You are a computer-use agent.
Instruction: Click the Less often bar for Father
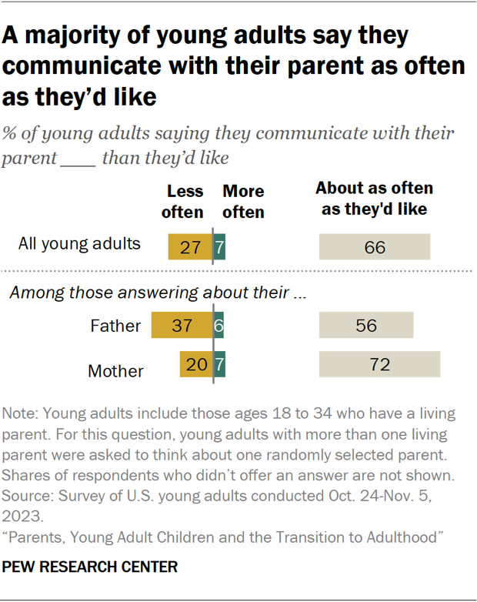(182, 326)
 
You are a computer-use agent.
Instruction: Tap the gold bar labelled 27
(190, 247)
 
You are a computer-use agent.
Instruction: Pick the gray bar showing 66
(375, 247)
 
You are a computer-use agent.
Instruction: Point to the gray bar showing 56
(366, 326)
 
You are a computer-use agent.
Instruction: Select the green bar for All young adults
(219, 247)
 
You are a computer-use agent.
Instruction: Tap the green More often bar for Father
(218, 326)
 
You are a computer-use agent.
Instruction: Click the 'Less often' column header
(185, 201)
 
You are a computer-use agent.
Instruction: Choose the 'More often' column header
(243, 201)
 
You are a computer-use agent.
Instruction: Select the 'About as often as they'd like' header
(374, 198)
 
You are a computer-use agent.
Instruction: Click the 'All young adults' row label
(79, 244)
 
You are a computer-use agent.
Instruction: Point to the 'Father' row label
(115, 326)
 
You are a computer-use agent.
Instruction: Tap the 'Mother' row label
(115, 370)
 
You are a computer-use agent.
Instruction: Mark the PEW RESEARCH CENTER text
(91, 567)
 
